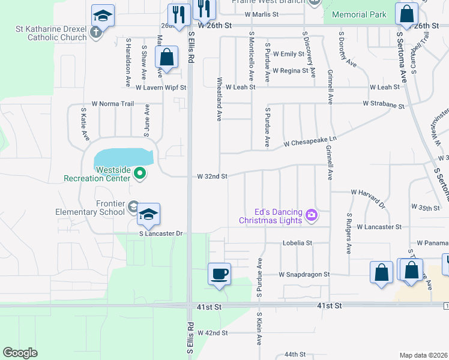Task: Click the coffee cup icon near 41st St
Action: [218, 274]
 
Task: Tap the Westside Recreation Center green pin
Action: [140, 174]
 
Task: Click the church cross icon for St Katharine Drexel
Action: [97, 34]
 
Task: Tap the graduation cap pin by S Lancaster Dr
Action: [148, 214]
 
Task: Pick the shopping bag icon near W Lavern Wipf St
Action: [166, 58]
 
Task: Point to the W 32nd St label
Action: [212, 176]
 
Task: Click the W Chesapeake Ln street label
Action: [310, 143]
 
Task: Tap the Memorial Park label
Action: [359, 14]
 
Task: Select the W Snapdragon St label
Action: [304, 274]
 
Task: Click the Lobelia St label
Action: [298, 243]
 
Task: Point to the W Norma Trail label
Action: [112, 104]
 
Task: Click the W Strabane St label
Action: [383, 104]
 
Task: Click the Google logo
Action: [20, 352]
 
